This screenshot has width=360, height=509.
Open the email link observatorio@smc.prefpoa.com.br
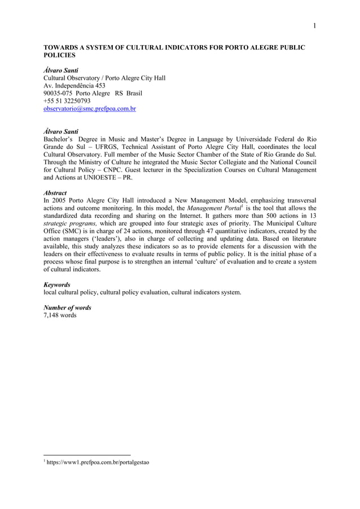pos(90,108)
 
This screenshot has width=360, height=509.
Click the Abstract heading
pos(55,192)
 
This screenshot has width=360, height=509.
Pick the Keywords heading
pos(57,285)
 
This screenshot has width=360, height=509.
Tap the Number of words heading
pos(67,308)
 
